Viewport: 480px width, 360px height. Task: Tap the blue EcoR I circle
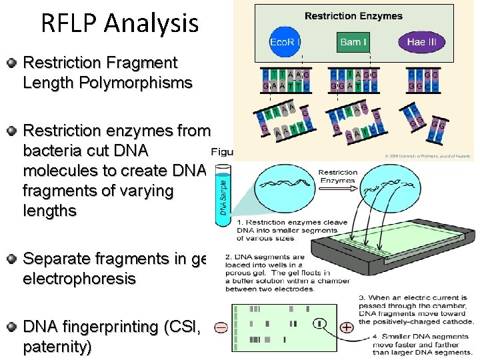(x=285, y=42)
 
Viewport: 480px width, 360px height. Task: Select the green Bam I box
(x=353, y=42)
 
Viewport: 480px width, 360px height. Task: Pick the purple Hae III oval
(x=421, y=42)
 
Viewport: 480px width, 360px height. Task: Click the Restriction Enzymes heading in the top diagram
(x=353, y=16)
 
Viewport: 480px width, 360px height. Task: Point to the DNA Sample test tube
(x=224, y=193)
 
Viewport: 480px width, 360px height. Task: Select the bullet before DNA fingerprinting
(x=11, y=327)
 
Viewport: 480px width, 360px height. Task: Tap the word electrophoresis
(x=79, y=279)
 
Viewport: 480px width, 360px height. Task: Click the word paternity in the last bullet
(x=57, y=347)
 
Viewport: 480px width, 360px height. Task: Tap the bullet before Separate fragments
(x=11, y=259)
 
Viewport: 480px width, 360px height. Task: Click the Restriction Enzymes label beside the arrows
(x=338, y=177)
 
